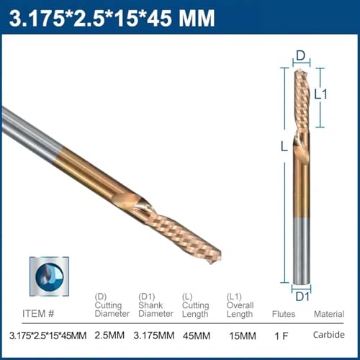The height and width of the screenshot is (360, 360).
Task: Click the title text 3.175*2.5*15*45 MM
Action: [112, 18]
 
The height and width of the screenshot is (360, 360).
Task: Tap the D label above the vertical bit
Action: [300, 55]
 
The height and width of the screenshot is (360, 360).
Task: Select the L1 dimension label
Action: [320, 94]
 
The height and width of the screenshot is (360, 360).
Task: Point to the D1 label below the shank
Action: [302, 297]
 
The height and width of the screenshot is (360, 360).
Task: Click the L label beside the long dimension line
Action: [284, 146]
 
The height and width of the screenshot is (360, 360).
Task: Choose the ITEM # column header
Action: [38, 313]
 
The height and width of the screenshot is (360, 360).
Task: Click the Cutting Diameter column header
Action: [112, 310]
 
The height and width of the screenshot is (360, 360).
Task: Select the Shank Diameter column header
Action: [156, 310]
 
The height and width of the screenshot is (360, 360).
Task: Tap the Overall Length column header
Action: [240, 310]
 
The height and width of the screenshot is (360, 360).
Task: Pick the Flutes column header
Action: [284, 314]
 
